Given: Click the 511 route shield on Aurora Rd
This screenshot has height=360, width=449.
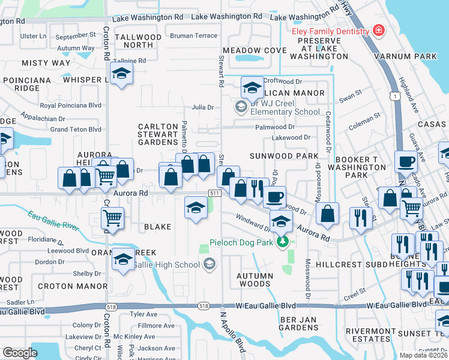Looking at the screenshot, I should [214, 193].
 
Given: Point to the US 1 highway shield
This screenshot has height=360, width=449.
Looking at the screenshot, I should [394, 95].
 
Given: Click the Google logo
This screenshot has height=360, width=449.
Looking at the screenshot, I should [20, 353].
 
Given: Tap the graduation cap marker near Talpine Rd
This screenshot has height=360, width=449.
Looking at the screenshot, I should [122, 74].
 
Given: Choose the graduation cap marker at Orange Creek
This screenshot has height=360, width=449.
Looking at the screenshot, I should [123, 259].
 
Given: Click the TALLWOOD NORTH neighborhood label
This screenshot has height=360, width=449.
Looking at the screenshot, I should [138, 41].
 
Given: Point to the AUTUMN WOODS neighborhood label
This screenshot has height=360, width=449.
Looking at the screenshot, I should [255, 280].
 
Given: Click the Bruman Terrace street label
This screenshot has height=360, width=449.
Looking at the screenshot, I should [193, 36].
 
